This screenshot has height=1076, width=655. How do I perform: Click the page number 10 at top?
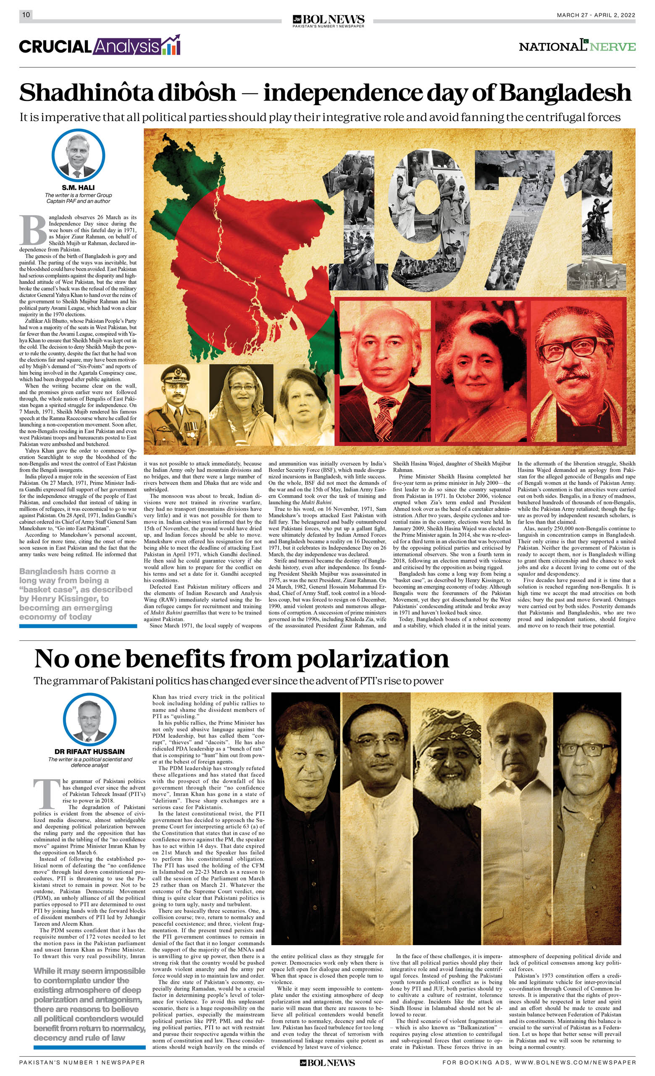26,15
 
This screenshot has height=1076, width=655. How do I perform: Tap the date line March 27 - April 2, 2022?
596,15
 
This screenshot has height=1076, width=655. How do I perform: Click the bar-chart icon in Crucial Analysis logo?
171,45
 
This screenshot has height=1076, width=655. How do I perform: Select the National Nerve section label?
577,46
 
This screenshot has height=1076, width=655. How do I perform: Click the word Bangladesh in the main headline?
566,93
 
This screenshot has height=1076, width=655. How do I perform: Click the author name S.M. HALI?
78,188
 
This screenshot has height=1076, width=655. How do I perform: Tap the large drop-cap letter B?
33,230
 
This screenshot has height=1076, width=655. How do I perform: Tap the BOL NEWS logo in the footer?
327,1063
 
